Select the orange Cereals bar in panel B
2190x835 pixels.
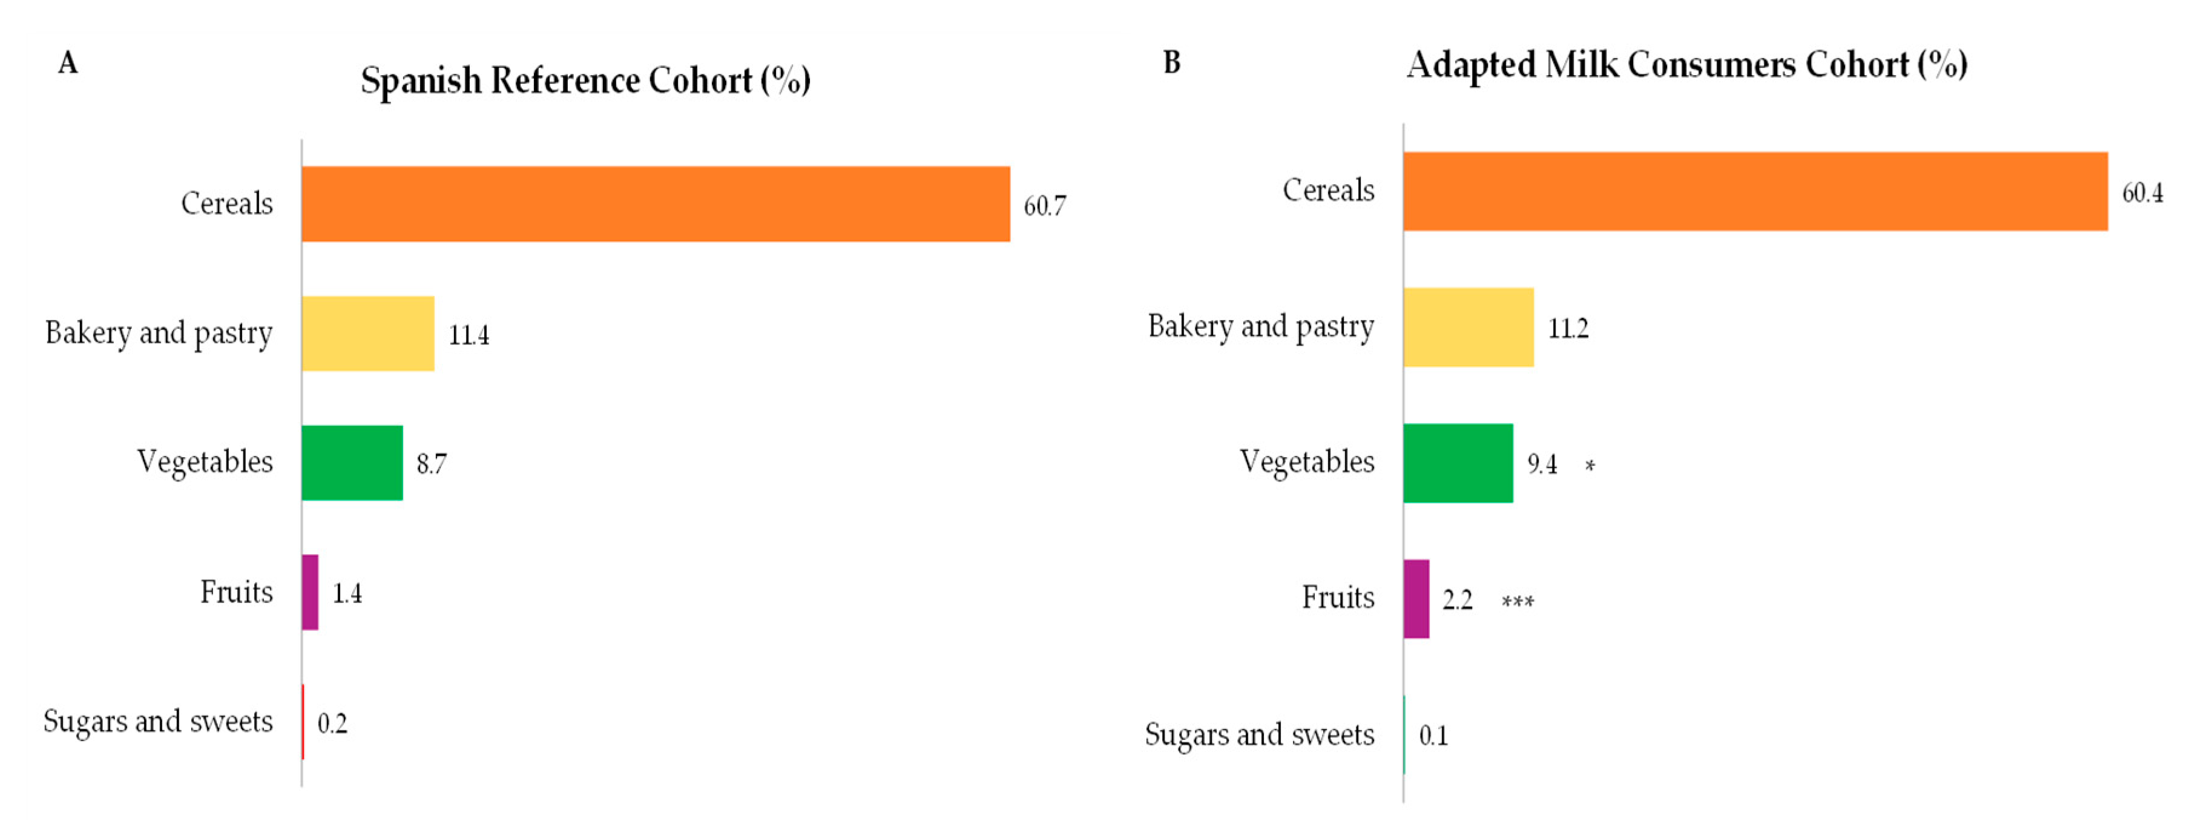[x=1755, y=191]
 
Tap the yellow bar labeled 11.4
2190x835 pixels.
[x=367, y=333]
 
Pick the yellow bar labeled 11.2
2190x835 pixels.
[x=1468, y=328]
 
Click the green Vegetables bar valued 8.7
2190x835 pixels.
[x=352, y=463]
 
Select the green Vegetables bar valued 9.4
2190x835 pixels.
[x=1458, y=463]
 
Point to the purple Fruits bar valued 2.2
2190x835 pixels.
[x=1416, y=599]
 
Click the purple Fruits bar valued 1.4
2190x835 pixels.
[x=311, y=593]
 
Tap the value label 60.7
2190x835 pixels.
[x=1044, y=206]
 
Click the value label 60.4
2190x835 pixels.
[x=2142, y=193]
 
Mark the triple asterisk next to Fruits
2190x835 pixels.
[x=1518, y=602]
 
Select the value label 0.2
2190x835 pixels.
[x=332, y=724]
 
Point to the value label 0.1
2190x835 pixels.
[x=1433, y=736]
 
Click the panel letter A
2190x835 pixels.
[x=68, y=63]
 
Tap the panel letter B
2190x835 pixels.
[x=1171, y=63]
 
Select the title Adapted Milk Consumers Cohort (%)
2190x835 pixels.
[x=1687, y=65]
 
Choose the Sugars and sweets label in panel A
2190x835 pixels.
[x=158, y=722]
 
